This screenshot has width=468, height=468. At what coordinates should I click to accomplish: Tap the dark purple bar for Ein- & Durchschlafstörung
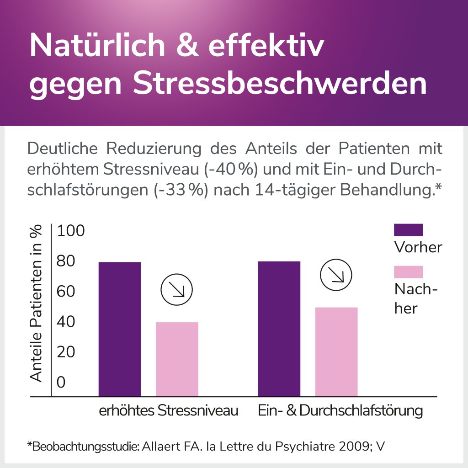(x=279, y=329)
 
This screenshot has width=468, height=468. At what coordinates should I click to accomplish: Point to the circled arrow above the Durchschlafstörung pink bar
(x=336, y=276)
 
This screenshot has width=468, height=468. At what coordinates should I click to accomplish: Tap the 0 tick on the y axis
(x=61, y=382)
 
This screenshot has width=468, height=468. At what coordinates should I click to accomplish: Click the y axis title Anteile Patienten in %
(x=36, y=304)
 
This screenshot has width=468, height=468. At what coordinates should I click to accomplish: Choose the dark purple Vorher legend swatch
(x=408, y=230)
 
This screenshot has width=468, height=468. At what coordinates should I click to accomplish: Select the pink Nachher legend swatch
(x=408, y=272)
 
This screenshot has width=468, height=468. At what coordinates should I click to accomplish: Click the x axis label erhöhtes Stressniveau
(x=169, y=410)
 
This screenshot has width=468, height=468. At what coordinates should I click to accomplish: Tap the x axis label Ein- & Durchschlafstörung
(x=340, y=410)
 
